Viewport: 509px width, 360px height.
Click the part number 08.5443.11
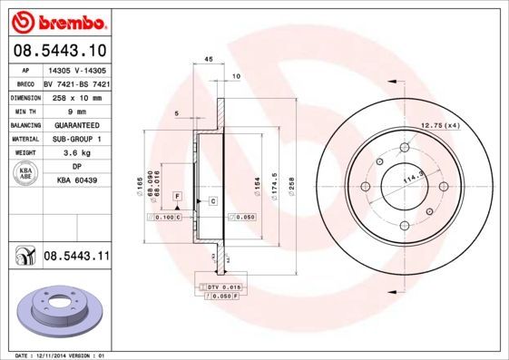coord(75,257)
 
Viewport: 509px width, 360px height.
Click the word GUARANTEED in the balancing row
coord(76,124)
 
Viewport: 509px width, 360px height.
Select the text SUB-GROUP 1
coord(76,139)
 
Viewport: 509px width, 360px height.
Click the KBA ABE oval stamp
coord(25,173)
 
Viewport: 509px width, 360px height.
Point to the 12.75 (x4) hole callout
coord(439,125)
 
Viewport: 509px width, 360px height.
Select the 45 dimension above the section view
coord(208,59)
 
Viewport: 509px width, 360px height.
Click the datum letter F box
coord(178,196)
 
